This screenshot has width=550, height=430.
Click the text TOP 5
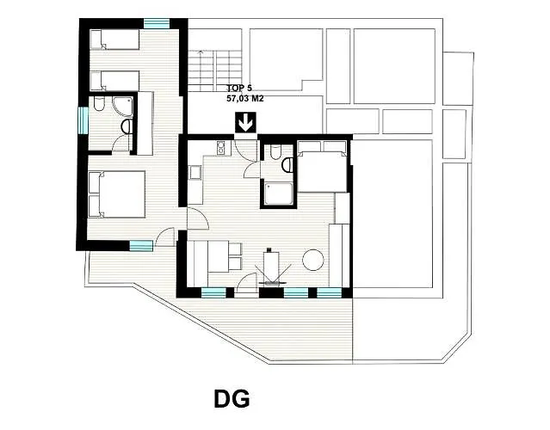pos(239,88)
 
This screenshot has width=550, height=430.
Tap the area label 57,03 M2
pos(244,99)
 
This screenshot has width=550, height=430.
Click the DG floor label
pos(232,399)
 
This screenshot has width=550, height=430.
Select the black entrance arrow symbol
pos(245,123)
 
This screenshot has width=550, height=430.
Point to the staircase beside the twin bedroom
pos(214,71)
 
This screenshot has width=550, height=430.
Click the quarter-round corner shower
pos(123,107)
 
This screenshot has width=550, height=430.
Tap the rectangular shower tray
pos(279,193)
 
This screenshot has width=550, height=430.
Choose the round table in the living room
pos(313,260)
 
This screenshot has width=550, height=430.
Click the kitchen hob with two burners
pos(221,148)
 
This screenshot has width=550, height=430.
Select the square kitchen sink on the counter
pos(195,172)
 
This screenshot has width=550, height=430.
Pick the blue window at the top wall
pos(157,23)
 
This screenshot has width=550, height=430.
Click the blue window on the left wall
pos(83,120)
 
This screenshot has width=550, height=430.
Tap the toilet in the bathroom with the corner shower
pos(99,104)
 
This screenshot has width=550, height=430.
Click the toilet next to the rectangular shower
pos(275,151)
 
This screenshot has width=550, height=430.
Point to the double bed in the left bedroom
pos(117,194)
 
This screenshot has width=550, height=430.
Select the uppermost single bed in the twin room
pos(114,40)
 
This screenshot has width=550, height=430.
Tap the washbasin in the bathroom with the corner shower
pos(127,126)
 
